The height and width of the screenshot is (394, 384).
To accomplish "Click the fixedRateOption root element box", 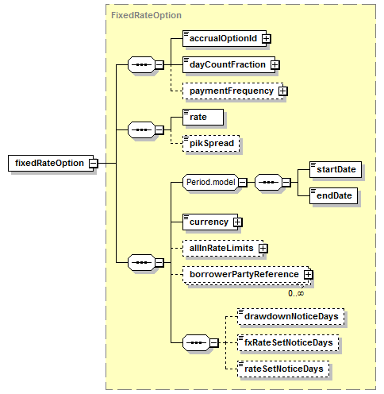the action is pos(51,163).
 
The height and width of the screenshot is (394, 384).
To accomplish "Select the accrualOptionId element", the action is pos(225,38).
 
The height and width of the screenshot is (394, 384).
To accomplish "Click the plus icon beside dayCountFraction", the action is pos(275,65).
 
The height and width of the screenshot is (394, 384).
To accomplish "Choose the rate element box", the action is pos(203,117).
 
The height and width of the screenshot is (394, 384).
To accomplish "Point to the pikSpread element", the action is pos(211,144).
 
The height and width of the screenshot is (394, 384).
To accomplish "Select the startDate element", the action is pos(336,169).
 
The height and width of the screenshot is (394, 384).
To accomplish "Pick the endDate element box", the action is pos(333,195).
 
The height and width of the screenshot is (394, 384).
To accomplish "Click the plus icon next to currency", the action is pos(237,222).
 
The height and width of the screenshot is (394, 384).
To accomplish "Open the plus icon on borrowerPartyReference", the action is pos(308,275).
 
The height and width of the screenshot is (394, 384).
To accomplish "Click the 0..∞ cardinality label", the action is pos(296,293).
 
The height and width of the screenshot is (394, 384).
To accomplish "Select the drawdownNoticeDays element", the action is pos(291,316).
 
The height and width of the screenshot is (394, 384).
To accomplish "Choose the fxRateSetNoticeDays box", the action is pos(288,342).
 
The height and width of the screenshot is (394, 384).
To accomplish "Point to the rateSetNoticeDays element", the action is pos(283,369).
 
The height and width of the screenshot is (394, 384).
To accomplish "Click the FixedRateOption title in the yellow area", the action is pos(146,15).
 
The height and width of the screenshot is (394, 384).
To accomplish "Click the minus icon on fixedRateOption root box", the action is pos(94,163).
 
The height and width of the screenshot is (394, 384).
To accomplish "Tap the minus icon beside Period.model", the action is pos(243,182).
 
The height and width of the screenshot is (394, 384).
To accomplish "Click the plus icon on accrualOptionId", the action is pos(267,39).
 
